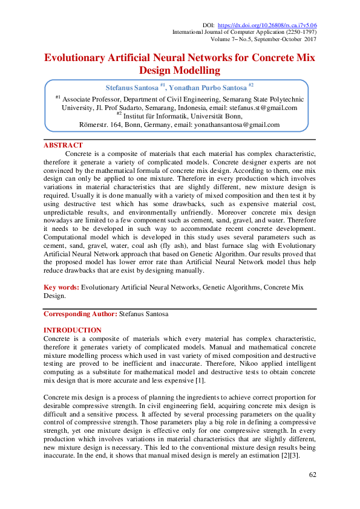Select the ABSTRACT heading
(x=63, y=145)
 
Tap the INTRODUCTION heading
(x=73, y=330)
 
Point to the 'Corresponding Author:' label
(x=81, y=315)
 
